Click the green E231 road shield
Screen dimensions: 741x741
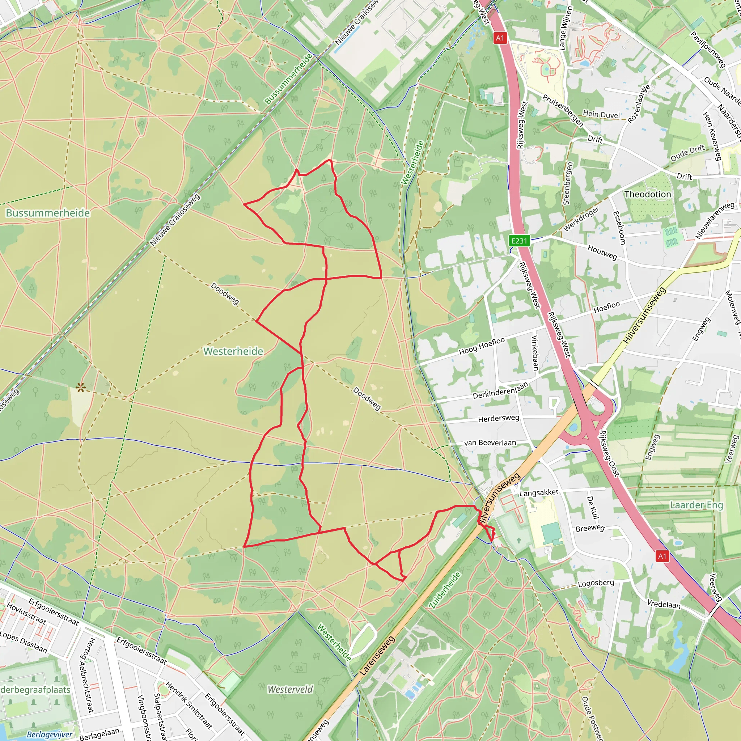point(519,241)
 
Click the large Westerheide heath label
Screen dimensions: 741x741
point(233,351)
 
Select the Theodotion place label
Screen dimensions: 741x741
point(647,194)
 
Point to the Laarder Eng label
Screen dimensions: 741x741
point(696,505)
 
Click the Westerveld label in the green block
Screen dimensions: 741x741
point(290,689)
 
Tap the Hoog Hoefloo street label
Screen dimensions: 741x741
point(482,346)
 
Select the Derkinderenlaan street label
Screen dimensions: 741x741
point(500,390)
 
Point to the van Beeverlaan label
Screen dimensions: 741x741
point(490,443)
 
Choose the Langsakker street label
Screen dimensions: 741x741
point(539,492)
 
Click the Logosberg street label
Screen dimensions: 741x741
point(596,583)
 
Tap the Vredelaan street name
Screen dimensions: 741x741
point(664,604)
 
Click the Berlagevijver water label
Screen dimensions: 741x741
point(49,734)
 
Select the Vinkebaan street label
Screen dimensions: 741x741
point(535,353)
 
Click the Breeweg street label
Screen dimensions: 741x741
point(590,528)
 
